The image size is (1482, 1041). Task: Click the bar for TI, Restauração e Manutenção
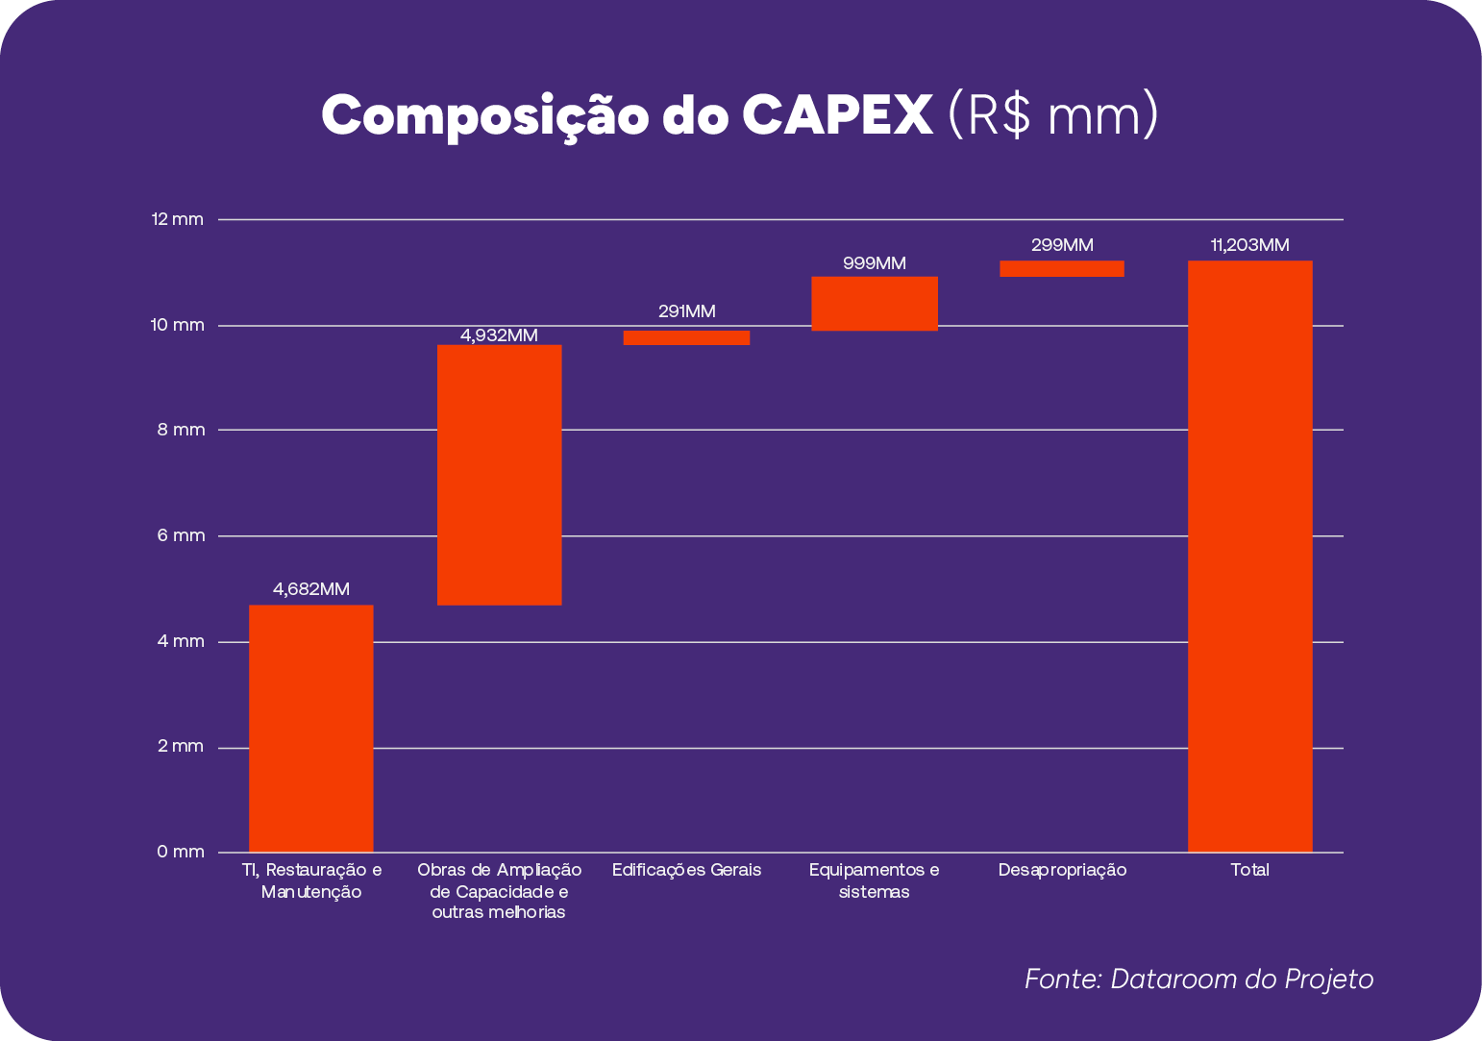coord(310,728)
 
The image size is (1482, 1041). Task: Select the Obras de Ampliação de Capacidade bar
coord(499,475)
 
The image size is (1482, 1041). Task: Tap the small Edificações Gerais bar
coord(686,337)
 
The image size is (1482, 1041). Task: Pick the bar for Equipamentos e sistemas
coord(874,304)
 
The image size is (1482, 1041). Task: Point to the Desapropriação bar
coord(1061,269)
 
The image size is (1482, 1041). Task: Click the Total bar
coord(1249,556)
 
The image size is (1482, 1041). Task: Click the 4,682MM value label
coord(310,589)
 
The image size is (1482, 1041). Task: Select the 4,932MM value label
coord(499,335)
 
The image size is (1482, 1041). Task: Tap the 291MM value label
coord(686,311)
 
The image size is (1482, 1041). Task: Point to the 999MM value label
coord(874,263)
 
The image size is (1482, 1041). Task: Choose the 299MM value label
coord(1061,245)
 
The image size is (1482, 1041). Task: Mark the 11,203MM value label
coord(1249,245)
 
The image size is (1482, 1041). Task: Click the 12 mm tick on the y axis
coord(178,220)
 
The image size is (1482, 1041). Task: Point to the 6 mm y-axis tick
coord(182,535)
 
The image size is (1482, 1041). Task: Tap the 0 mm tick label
coord(181,852)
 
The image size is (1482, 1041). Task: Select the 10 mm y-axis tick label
coord(178,325)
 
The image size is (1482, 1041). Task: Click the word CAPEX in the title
coord(836,115)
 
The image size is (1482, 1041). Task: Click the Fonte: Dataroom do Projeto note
coord(1198,979)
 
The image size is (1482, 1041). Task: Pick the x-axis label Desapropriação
coord(1062,870)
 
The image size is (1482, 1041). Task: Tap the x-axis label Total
coord(1249,870)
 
